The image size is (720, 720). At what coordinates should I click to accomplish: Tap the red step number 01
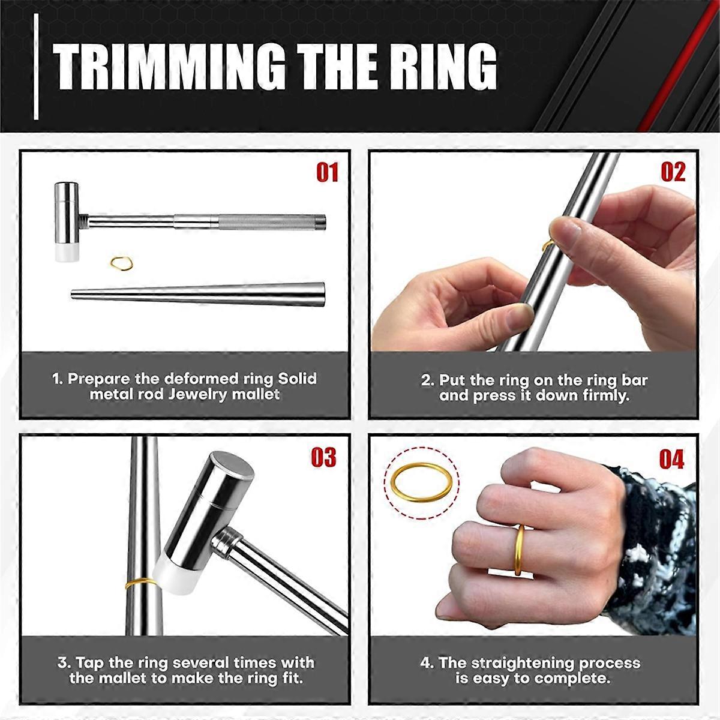click(x=327, y=172)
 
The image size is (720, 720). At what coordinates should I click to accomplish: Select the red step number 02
click(x=673, y=172)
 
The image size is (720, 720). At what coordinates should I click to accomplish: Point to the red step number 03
click(x=323, y=458)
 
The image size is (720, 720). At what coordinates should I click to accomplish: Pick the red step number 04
click(x=671, y=459)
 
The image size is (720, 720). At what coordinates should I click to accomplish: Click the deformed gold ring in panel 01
click(x=122, y=263)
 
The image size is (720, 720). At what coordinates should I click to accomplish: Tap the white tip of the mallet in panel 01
click(x=67, y=253)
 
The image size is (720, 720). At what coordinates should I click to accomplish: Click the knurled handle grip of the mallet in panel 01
click(x=268, y=223)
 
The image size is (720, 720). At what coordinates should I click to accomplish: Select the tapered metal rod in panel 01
click(x=198, y=295)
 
